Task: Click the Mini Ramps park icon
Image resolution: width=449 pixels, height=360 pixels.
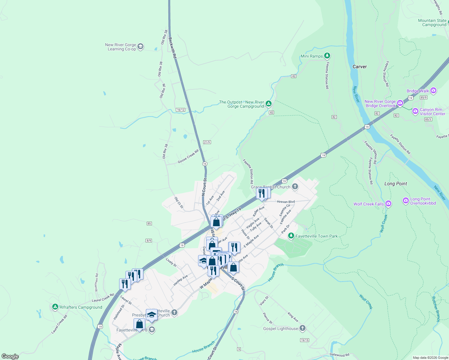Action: pyautogui.click(x=327, y=56)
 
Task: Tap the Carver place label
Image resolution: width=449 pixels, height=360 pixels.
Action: pyautogui.click(x=360, y=67)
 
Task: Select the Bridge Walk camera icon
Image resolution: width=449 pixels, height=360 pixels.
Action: pyautogui.click(x=433, y=90)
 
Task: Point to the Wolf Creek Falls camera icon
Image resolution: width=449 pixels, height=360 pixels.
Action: pyautogui.click(x=388, y=204)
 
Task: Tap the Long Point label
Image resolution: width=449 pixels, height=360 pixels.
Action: pyautogui.click(x=396, y=184)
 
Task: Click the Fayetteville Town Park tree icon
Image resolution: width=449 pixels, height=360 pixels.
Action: pyautogui.click(x=291, y=236)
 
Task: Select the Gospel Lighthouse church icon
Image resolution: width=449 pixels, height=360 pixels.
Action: pyautogui.click(x=302, y=328)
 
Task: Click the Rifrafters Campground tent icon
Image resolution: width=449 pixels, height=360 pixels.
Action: pyautogui.click(x=55, y=307)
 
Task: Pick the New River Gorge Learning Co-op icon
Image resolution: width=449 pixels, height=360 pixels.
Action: pyautogui.click(x=140, y=47)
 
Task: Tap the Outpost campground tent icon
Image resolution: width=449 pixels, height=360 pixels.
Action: pyautogui.click(x=269, y=104)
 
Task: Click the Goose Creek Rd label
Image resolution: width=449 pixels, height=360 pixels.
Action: pyautogui.click(x=188, y=156)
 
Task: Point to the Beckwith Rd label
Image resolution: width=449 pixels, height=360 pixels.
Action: pyautogui.click(x=172, y=48)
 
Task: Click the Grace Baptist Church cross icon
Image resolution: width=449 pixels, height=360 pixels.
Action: pyautogui.click(x=295, y=187)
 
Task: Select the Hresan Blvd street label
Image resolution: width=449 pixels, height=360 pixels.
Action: pyautogui.click(x=286, y=202)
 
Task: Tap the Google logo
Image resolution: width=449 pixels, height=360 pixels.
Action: pyautogui.click(x=10, y=356)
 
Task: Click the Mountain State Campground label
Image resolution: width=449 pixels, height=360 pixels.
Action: pyautogui.click(x=432, y=22)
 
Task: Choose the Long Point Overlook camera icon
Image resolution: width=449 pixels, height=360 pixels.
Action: pyautogui.click(x=406, y=200)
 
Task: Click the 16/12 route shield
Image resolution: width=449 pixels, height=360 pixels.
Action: pyautogui.click(x=180, y=110)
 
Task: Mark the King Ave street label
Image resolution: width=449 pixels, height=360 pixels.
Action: pyautogui.click(x=293, y=317)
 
